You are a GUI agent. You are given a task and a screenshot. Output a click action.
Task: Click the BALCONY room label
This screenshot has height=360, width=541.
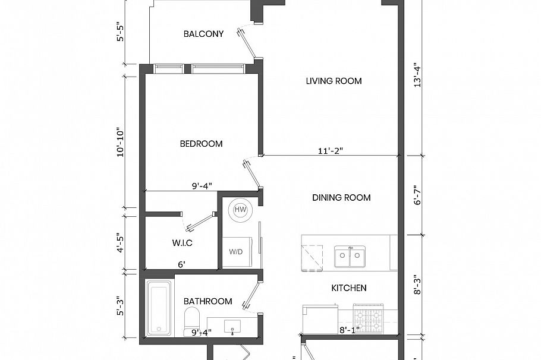(x=203, y=34)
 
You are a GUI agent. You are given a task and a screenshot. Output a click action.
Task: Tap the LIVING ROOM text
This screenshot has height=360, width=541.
(x=334, y=81)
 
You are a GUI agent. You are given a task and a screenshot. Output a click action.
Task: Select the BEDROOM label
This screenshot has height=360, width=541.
(x=201, y=144)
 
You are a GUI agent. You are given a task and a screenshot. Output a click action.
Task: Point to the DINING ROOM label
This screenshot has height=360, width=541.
(x=341, y=198)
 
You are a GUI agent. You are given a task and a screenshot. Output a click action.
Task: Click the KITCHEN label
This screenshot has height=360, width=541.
(x=348, y=288)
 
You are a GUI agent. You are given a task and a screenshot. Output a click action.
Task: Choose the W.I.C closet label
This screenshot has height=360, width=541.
(x=181, y=243)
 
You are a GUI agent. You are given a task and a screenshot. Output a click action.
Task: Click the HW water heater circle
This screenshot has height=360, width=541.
(x=240, y=210)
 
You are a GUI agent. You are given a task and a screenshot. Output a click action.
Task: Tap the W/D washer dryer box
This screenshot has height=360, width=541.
(x=237, y=251)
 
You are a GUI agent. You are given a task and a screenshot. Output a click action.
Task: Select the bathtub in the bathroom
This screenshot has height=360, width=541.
(x=159, y=308)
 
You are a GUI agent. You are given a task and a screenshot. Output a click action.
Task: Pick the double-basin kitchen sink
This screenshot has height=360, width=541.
(x=349, y=258)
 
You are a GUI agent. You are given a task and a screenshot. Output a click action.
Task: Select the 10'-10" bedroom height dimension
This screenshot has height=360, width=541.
(x=121, y=141)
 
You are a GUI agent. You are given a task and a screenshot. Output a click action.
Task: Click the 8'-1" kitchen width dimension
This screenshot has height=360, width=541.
(x=350, y=330)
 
